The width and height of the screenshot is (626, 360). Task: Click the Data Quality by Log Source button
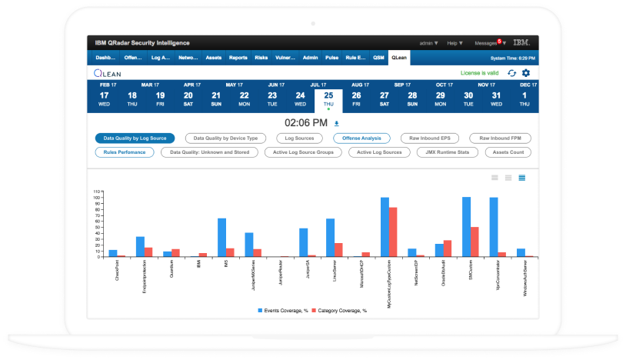(135, 138)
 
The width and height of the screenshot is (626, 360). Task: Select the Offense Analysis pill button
(361, 138)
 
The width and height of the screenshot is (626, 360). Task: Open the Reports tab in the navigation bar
(238, 58)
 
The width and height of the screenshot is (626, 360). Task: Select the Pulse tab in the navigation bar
(332, 58)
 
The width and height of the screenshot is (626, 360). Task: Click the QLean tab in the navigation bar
(399, 58)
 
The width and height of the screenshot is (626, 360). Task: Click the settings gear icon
(526, 73)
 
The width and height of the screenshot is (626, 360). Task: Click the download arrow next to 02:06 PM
(336, 123)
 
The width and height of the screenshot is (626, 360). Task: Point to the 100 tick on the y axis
(98, 198)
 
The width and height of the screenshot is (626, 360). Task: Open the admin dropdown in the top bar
(428, 42)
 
